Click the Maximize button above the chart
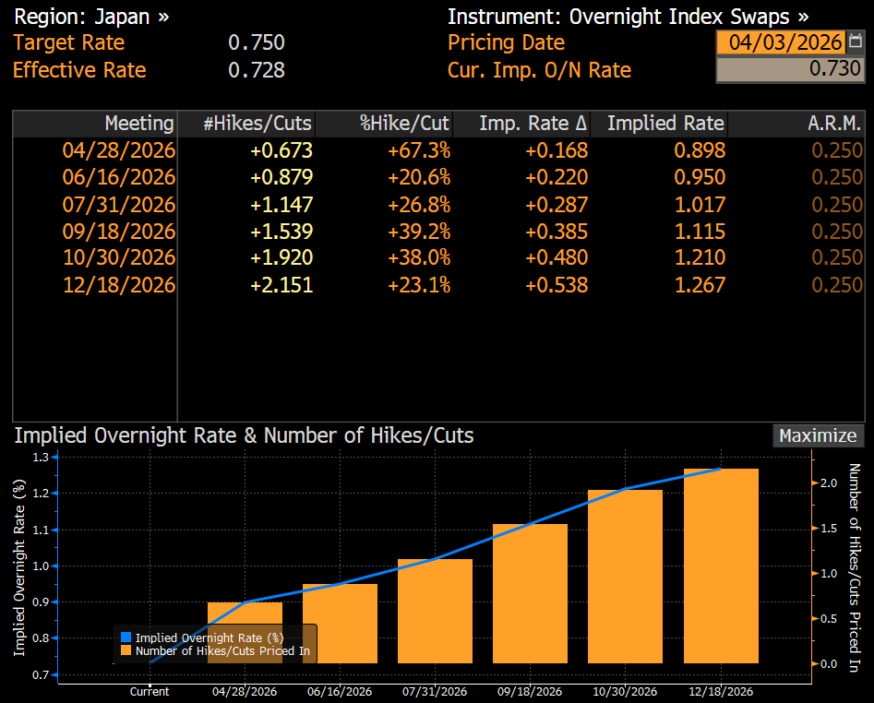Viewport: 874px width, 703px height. click(x=818, y=435)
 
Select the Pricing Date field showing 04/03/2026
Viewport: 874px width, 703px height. click(x=784, y=42)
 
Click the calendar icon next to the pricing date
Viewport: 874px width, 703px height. click(x=856, y=42)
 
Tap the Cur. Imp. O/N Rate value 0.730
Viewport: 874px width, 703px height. click(x=791, y=69)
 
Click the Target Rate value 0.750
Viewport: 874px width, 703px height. click(x=256, y=43)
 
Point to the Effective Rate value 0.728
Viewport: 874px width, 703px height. click(x=256, y=70)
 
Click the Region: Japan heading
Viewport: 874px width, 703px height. click(x=91, y=17)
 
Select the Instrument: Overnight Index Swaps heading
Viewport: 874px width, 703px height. click(x=628, y=17)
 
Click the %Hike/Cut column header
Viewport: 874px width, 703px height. click(x=404, y=124)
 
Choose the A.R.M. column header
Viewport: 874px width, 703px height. click(x=835, y=124)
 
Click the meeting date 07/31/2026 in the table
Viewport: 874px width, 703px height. click(x=118, y=205)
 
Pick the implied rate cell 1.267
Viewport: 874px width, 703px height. click(x=700, y=285)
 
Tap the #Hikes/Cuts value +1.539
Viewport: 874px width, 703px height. click(x=281, y=232)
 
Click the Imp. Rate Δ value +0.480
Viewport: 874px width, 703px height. click(x=557, y=258)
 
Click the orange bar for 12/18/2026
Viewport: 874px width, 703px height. click(x=721, y=566)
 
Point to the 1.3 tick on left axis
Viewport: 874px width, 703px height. click(x=40, y=457)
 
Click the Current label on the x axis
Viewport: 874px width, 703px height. click(x=150, y=692)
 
